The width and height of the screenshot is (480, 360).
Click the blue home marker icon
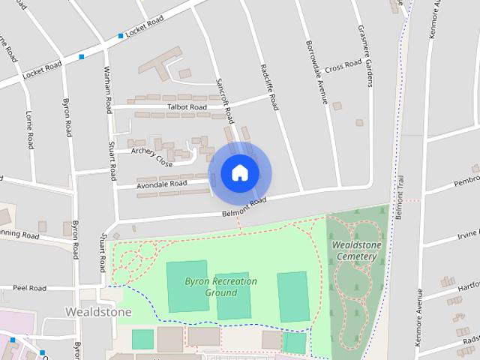click(239, 173)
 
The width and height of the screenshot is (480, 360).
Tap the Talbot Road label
click(187, 107)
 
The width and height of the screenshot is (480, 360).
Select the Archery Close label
click(152, 157)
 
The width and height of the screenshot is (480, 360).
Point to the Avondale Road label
click(162, 184)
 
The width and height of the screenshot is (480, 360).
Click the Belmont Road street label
click(244, 208)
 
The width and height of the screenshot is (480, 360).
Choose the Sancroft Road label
click(222, 100)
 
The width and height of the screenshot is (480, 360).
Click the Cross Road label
click(343, 67)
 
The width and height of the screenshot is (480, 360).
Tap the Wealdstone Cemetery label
click(356, 250)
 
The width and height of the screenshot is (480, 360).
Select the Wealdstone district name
click(98, 311)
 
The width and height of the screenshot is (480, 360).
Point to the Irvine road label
click(466, 235)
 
